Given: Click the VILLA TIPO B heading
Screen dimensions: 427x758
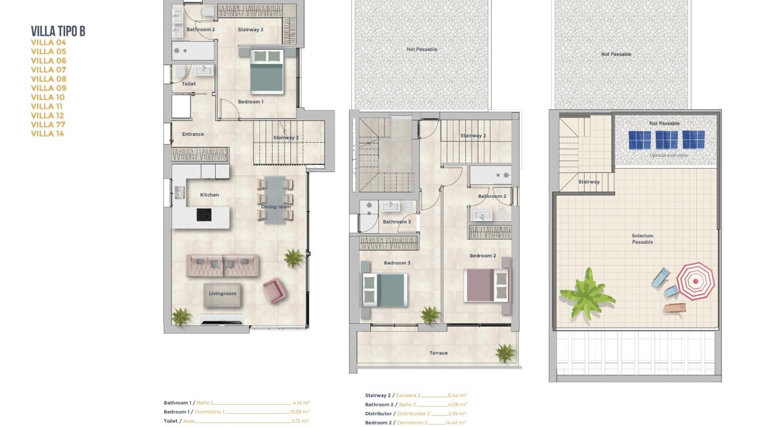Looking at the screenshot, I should point(58,31).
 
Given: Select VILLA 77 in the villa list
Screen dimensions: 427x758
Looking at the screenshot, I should point(48,125).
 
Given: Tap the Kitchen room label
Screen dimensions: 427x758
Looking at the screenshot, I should point(209,195).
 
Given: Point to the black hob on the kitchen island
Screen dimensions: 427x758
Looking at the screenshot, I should point(203,215).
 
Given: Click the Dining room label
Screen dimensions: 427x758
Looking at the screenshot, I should point(276,207).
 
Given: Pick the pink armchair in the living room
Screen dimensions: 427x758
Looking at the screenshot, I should point(274,290).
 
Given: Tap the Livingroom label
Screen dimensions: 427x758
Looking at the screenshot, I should point(222,294).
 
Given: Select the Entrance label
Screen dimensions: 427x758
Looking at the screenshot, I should point(193,135).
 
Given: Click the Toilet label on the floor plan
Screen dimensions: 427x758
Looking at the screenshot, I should point(189,84).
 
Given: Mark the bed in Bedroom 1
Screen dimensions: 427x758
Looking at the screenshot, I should point(267,71).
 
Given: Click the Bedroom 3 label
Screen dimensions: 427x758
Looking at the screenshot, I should point(397,263).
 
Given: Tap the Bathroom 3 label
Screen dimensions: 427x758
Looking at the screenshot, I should point(397,222).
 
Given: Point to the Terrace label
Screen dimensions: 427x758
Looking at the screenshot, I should point(438,353).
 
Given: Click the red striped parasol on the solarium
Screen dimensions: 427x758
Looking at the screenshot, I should point(695,281).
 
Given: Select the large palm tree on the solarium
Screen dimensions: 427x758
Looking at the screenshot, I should point(587,294).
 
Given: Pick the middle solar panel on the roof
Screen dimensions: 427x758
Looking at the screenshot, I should point(666,140).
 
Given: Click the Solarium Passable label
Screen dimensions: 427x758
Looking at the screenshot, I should point(642,239).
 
